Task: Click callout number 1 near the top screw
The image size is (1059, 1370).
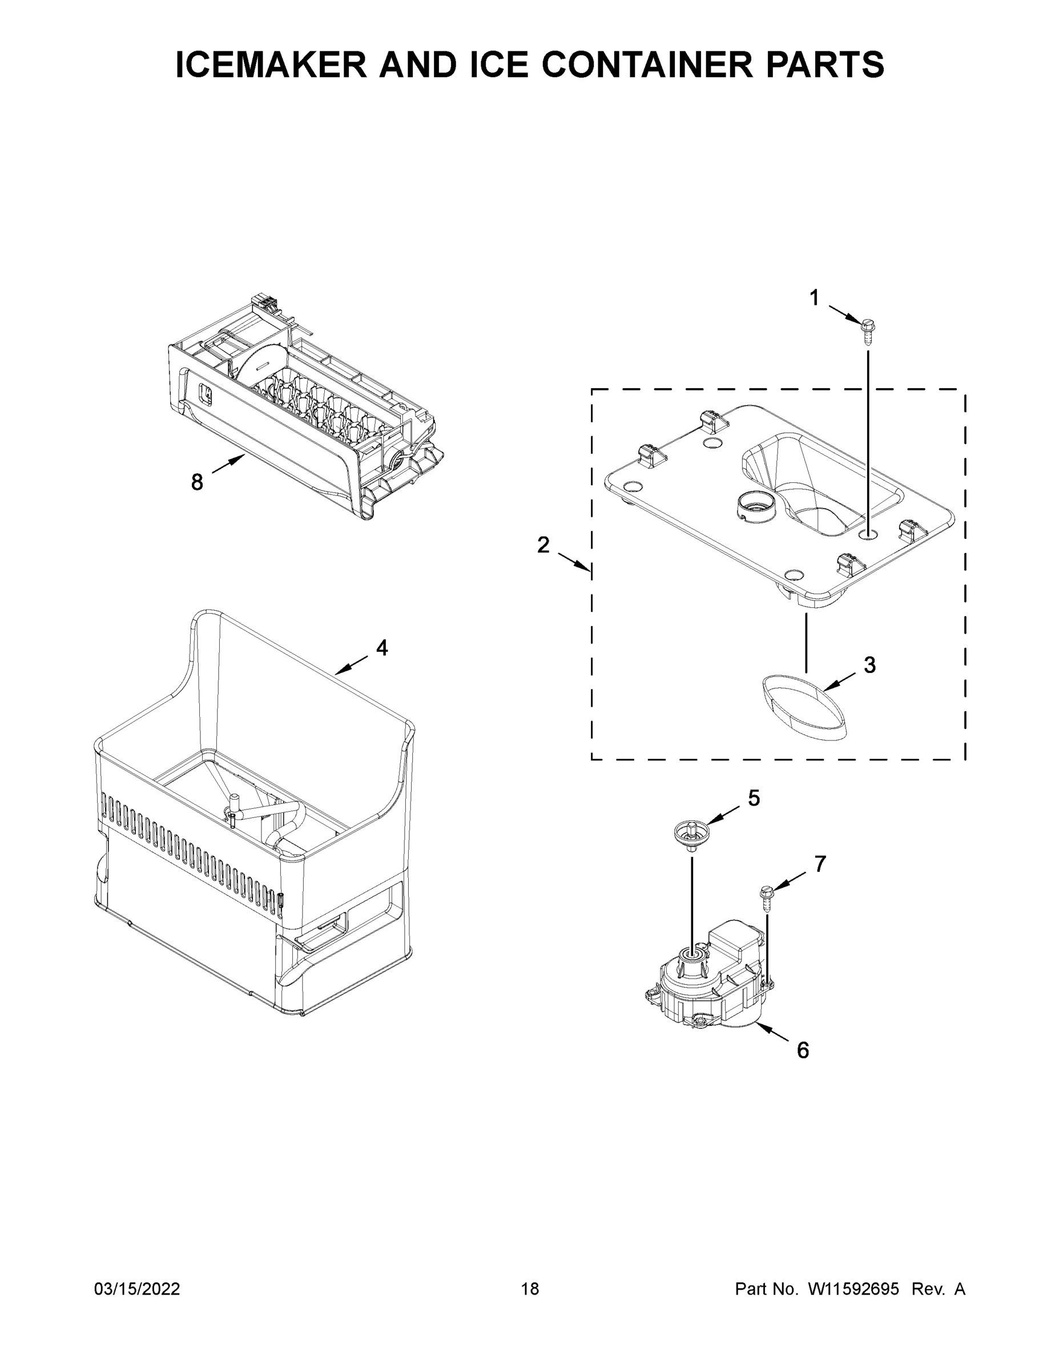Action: point(814,298)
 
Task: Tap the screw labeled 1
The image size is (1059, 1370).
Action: point(868,331)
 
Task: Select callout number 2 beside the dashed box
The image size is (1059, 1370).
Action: point(543,545)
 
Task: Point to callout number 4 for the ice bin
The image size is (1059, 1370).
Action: point(382,647)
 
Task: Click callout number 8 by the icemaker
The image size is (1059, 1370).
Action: point(197,482)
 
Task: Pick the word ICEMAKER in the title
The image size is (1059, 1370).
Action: point(271,65)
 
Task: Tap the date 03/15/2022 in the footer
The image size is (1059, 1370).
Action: point(137,1288)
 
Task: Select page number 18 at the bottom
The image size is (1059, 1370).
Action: point(530,1288)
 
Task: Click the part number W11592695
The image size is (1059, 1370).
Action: point(853,1288)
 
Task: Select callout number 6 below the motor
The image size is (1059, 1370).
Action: point(803,1050)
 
